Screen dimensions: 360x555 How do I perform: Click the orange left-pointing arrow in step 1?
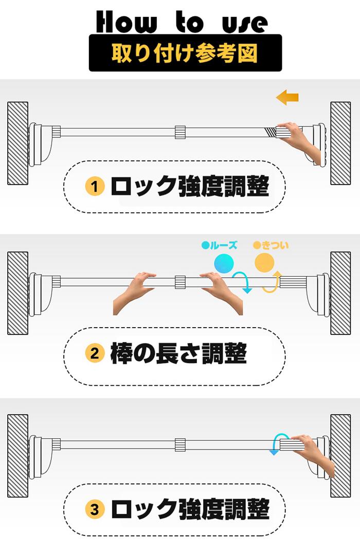tap(287, 97)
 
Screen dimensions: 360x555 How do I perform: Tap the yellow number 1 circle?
tap(95, 186)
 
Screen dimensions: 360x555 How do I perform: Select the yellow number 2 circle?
tap(95, 353)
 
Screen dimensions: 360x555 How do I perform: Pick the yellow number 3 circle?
tap(95, 510)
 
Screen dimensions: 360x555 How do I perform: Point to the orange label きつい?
tap(271, 245)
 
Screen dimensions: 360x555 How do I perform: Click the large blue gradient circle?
tap(224, 263)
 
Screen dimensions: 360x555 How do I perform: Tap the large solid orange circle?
tap(264, 263)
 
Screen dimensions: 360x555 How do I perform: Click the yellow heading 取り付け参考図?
tap(185, 53)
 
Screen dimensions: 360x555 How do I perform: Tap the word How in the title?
tap(125, 22)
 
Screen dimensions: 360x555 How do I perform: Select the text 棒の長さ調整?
tap(179, 353)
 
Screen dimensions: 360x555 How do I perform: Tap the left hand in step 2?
tap(135, 294)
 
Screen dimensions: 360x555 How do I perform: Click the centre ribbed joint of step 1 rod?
tap(180, 132)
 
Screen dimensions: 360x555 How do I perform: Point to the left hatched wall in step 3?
tap(17, 456)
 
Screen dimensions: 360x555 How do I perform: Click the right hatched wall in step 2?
tap(340, 293)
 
